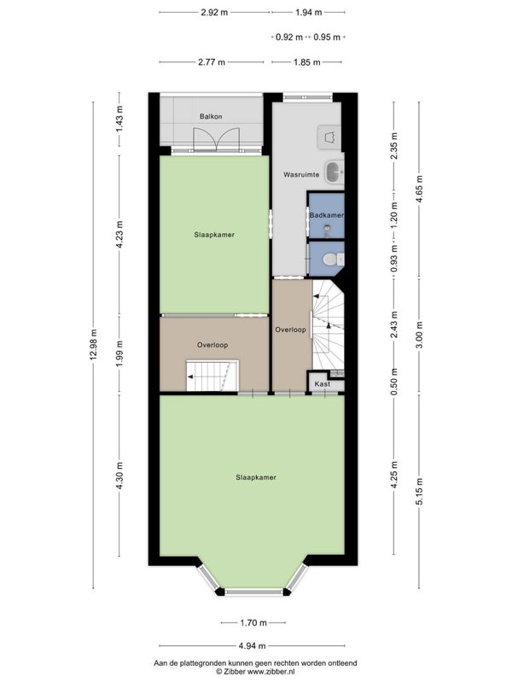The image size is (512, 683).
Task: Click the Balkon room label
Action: [211, 116]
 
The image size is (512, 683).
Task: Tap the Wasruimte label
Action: [301, 175]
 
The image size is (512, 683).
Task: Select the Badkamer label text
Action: [327, 215]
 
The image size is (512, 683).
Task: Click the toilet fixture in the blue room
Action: [333, 260]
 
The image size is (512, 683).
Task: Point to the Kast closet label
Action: [323, 384]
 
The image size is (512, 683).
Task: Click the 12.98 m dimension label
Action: [93, 345]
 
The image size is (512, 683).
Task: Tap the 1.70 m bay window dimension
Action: [253, 623]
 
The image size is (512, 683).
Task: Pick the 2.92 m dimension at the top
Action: [214, 12]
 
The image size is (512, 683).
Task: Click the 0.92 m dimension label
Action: [289, 37]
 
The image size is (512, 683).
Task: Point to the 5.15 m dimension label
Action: [419, 492]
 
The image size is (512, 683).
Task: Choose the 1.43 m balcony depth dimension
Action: [119, 119]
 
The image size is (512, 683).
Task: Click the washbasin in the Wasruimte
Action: [335, 172]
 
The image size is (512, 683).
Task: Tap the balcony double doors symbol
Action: [217, 139]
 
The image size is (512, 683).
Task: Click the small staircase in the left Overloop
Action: [212, 376]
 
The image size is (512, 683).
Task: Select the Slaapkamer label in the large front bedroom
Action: [256, 477]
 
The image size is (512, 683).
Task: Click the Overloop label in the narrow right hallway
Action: [290, 330]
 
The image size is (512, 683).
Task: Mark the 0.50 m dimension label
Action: [394, 382]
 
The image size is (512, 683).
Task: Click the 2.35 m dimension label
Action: [394, 146]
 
